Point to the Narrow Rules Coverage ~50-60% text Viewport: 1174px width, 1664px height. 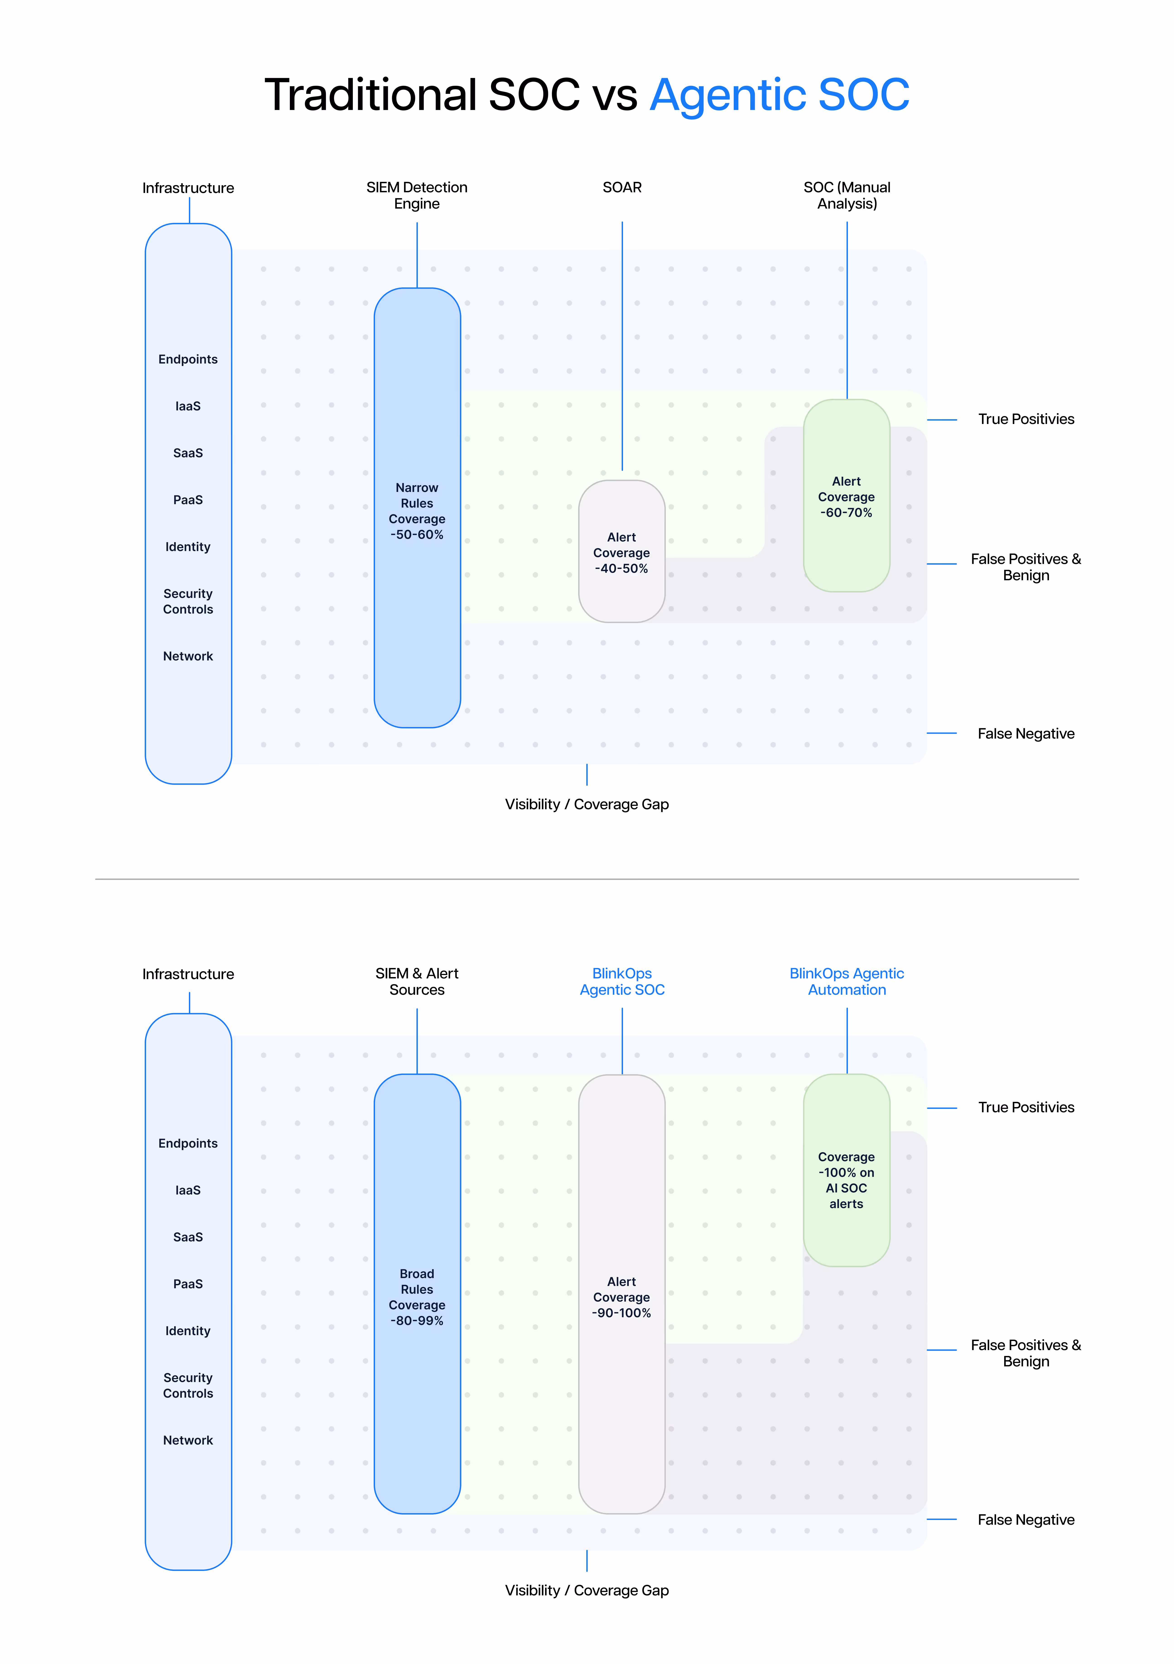(417, 511)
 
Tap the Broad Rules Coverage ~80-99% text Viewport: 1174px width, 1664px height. (417, 1297)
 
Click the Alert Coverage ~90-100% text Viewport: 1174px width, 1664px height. (622, 1297)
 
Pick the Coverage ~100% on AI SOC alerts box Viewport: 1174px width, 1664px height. (847, 1180)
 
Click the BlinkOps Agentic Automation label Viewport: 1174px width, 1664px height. (847, 981)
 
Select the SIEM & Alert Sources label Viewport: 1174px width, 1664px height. (417, 981)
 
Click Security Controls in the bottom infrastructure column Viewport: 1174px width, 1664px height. (188, 1385)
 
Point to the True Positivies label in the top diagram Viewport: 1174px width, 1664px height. (1025, 419)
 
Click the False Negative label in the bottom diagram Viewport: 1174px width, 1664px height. (1025, 1520)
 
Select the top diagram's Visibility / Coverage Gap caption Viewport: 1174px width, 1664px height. (586, 804)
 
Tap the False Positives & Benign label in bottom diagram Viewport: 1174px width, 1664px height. (1025, 1353)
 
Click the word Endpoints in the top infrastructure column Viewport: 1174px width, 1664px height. (188, 359)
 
